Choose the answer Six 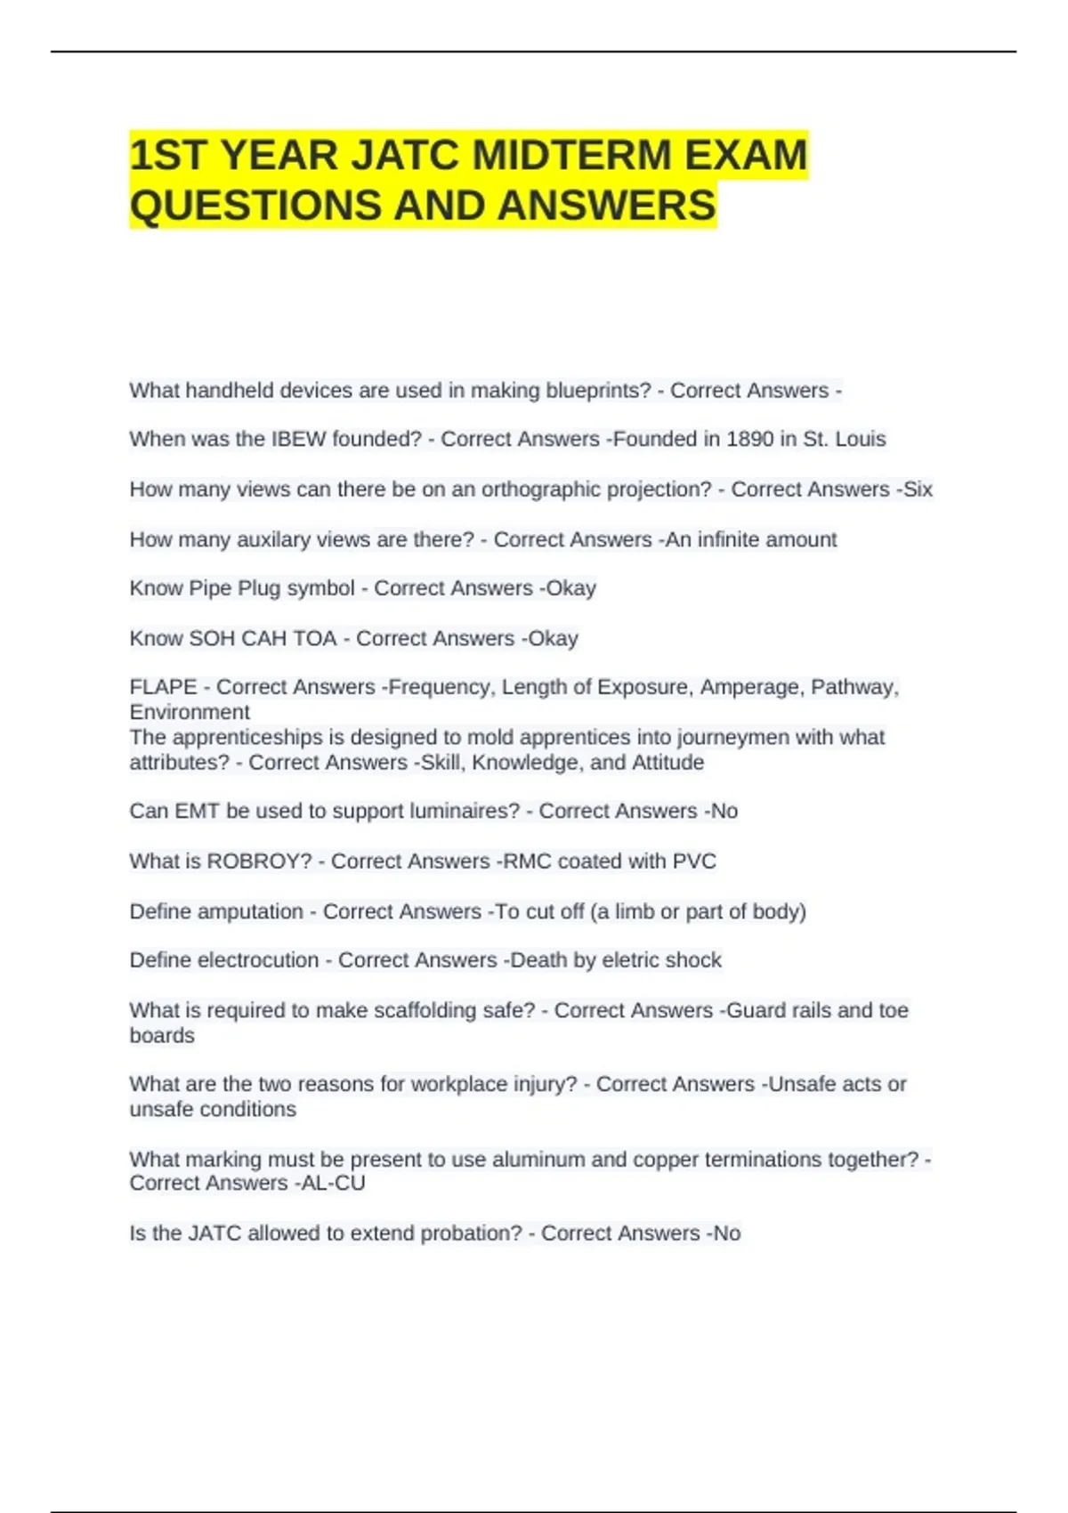[918, 489]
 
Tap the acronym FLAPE [163, 687]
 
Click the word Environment [190, 712]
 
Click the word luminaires [463, 811]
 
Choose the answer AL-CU [333, 1183]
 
